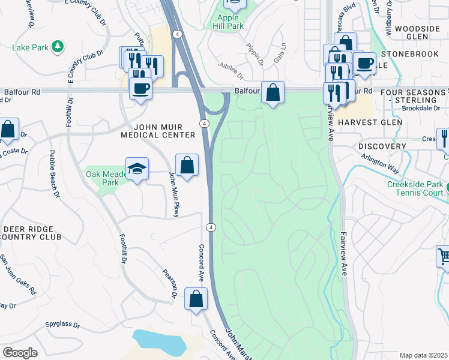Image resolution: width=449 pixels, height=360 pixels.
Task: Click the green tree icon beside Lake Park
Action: tap(58, 46)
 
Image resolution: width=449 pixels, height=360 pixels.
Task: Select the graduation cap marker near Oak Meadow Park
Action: tap(137, 169)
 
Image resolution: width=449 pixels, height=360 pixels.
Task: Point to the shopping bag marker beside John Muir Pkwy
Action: tap(187, 164)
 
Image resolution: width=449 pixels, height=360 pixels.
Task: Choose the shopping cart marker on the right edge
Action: tap(444, 257)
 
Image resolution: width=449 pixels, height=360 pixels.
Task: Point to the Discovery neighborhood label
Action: tap(382, 146)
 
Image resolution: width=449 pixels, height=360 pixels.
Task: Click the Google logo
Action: tap(20, 352)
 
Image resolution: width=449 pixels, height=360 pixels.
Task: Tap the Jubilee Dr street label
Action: tap(231, 73)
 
